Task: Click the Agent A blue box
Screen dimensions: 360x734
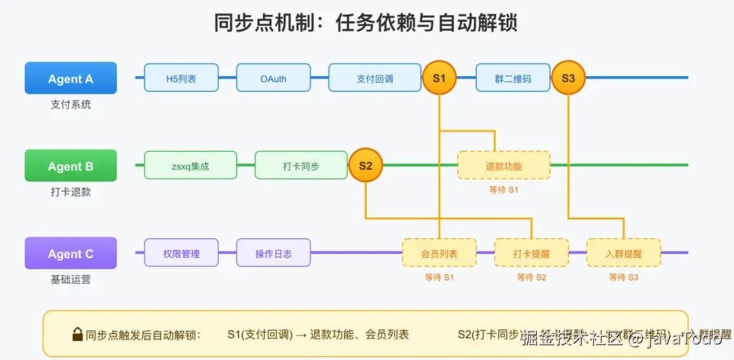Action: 71,78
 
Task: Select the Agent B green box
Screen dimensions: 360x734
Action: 71,166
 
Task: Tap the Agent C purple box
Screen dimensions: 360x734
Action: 71,253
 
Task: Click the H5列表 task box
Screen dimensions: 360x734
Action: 181,78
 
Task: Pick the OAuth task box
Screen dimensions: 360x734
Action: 273,78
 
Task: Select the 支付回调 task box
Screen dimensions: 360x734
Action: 374,78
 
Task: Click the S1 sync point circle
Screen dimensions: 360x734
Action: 439,78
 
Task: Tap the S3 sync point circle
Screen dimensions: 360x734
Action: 568,78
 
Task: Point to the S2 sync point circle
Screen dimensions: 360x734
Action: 366,166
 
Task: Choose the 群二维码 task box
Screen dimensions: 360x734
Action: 512,78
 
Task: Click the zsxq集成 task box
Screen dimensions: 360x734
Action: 190,166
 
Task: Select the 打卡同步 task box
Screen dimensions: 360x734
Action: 301,166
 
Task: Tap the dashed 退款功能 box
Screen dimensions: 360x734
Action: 504,166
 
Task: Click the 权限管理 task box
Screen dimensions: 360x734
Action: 181,253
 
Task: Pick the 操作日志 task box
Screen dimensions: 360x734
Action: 273,253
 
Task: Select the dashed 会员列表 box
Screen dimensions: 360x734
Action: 439,253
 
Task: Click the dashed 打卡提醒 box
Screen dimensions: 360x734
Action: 531,253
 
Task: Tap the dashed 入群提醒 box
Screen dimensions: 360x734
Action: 623,253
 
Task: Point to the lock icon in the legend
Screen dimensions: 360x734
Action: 77,334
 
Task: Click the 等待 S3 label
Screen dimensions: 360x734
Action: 623,277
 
